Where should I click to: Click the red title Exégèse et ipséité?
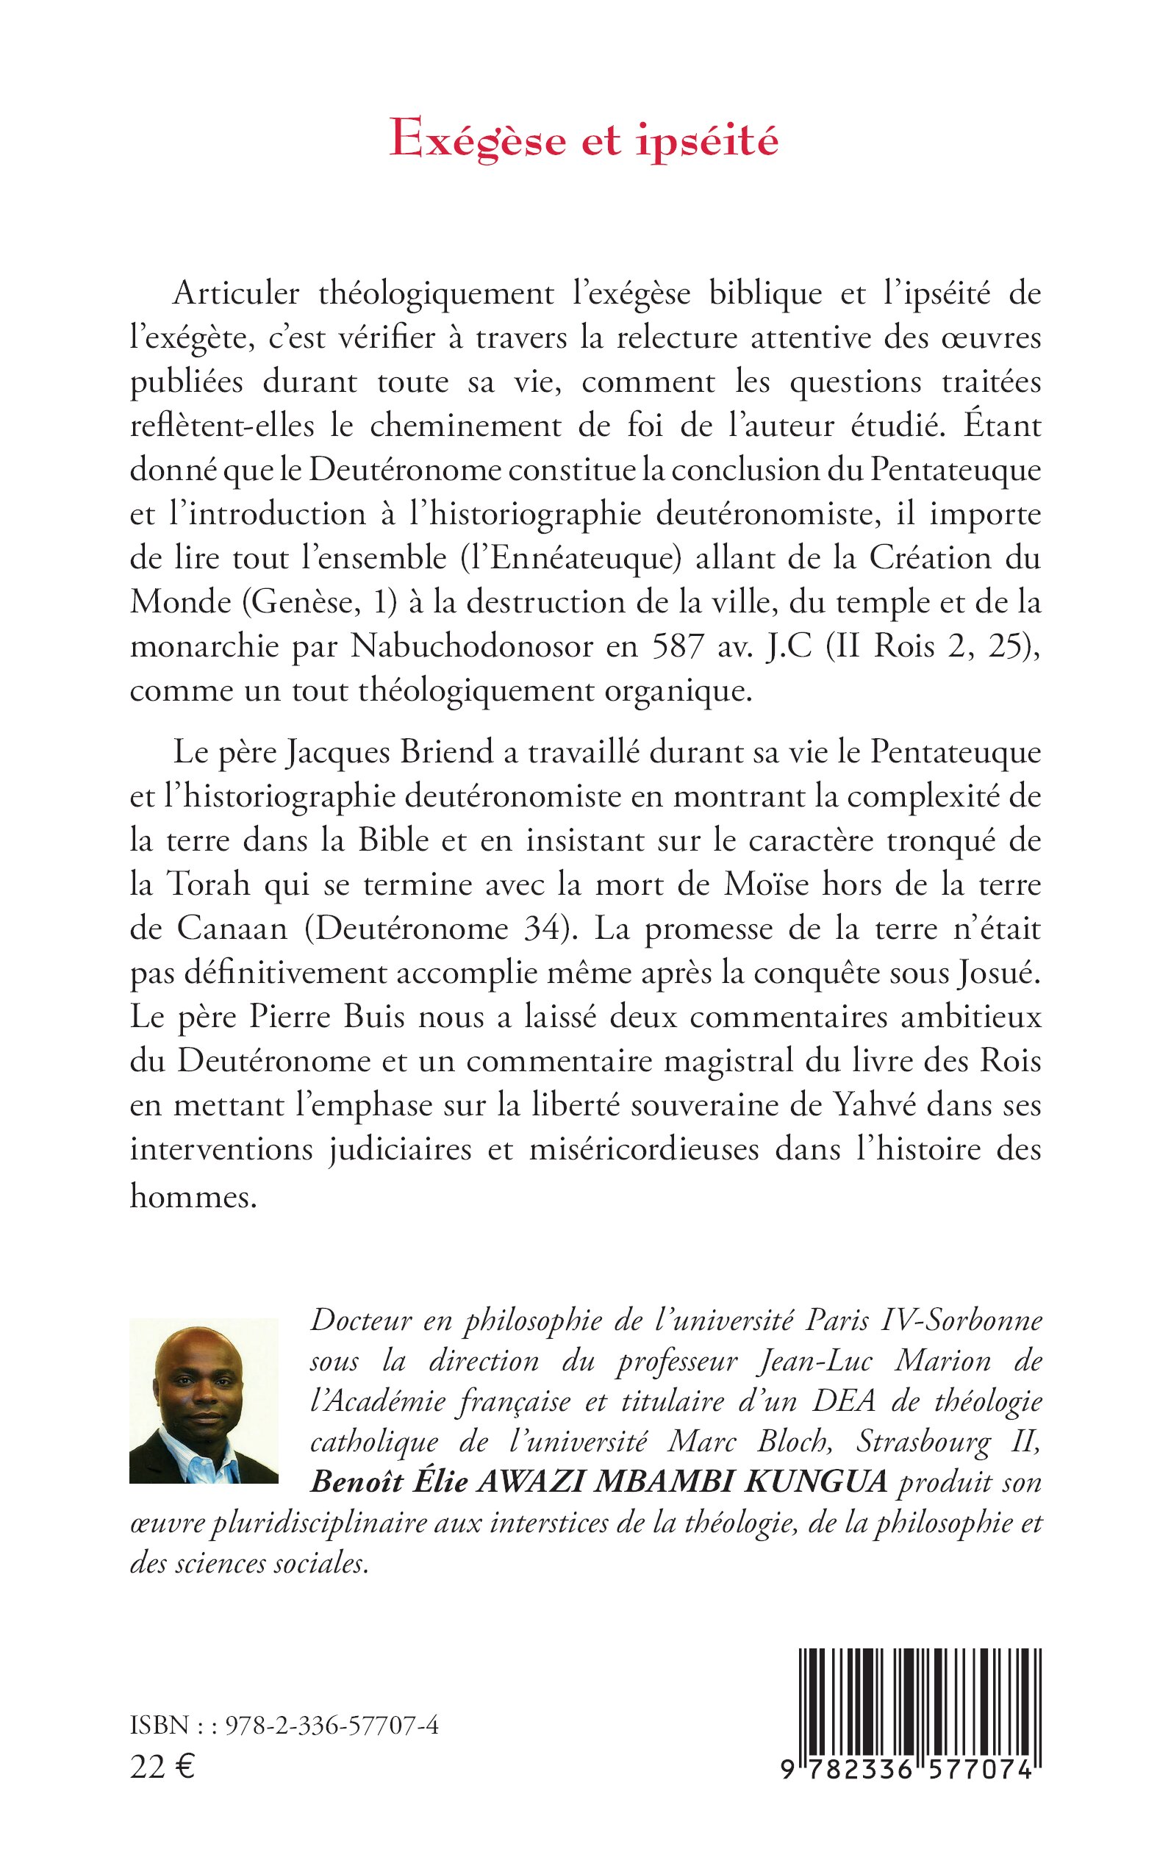[x=584, y=141]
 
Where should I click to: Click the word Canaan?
[x=232, y=929]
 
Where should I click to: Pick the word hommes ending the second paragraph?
[x=192, y=1196]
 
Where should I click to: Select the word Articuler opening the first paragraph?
[x=236, y=293]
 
